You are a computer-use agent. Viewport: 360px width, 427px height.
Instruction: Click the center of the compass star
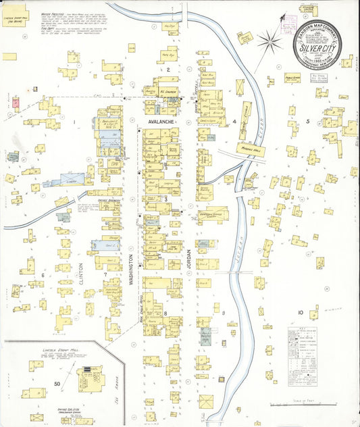coord(269,43)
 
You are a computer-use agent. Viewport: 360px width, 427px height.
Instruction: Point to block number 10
coord(300,313)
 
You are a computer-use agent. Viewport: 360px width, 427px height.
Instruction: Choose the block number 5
coord(307,122)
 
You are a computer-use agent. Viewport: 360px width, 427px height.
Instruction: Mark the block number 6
coord(42,275)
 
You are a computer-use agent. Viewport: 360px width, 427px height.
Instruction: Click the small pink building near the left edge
coord(16,101)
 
